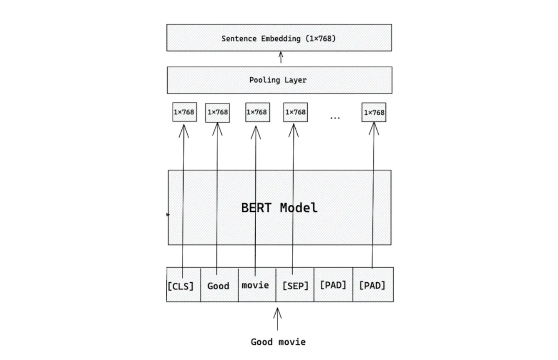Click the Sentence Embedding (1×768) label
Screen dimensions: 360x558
coord(279,39)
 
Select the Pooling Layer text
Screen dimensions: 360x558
coord(278,80)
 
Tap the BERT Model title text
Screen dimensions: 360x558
coord(279,207)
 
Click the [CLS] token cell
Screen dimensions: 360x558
coord(180,286)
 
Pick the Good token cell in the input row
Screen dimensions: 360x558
coord(218,286)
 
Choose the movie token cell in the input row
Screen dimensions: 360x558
coord(255,285)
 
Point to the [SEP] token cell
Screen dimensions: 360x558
coord(295,286)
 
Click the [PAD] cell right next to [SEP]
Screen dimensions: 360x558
coord(333,285)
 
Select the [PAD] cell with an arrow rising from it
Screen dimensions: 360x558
coord(372,285)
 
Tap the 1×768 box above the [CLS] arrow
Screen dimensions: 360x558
coord(185,112)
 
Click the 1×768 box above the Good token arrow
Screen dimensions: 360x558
coord(217,113)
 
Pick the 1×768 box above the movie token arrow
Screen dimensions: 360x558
coord(257,112)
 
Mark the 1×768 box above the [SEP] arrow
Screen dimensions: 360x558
coord(295,112)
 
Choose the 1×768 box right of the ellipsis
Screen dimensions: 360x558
coord(374,112)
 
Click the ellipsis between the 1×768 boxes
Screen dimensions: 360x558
coord(335,118)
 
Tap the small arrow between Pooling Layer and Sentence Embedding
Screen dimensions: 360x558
coord(281,57)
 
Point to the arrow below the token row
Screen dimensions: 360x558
coord(277,319)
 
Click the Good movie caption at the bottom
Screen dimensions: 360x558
coord(278,342)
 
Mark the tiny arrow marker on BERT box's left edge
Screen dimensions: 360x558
coord(168,215)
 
